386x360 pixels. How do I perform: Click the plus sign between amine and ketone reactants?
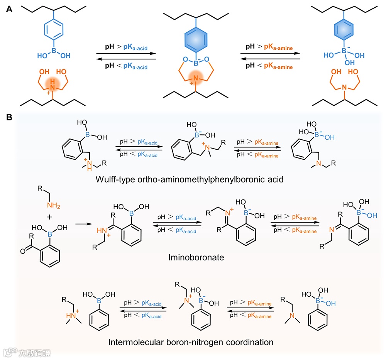[49, 218]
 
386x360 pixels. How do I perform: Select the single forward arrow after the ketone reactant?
[83, 223]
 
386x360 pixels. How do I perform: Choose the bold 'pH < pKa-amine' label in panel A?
[269, 66]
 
